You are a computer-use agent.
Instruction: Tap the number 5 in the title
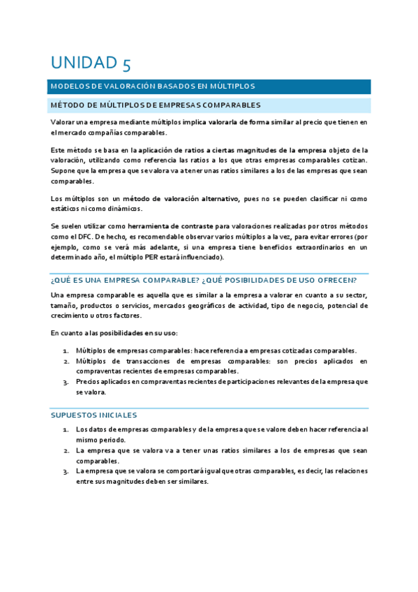[x=126, y=64]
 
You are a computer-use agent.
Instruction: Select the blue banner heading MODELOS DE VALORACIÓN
[x=152, y=87]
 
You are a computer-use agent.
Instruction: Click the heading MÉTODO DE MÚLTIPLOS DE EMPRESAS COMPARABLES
[x=156, y=105]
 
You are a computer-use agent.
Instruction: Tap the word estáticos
[x=66, y=208]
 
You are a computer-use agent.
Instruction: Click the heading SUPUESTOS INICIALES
[x=94, y=415]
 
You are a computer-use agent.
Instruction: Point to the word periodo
[x=113, y=441]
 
